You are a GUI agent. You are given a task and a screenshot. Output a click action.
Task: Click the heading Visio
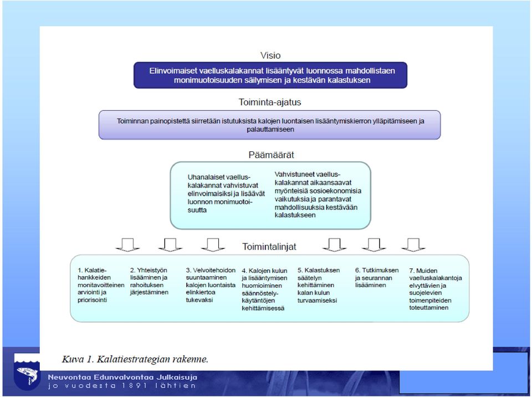[270, 55]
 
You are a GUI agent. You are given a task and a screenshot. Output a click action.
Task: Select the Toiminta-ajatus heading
[270, 102]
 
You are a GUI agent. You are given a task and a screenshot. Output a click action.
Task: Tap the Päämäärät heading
[271, 155]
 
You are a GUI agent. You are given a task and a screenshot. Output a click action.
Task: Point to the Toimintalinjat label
[269, 247]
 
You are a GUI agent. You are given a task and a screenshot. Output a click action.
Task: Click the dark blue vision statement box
[270, 75]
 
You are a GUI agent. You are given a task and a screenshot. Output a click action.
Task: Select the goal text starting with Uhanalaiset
[226, 194]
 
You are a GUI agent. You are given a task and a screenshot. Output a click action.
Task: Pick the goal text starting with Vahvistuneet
[318, 195]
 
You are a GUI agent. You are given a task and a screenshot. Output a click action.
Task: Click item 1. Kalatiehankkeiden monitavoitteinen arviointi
[101, 285]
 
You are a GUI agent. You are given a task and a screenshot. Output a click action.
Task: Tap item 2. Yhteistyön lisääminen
[149, 281]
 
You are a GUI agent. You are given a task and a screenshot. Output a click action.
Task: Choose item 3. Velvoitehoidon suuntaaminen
[211, 285]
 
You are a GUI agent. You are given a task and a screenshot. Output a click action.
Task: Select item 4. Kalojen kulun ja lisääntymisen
[264, 289]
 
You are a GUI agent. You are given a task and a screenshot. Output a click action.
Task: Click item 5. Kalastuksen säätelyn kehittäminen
[318, 285]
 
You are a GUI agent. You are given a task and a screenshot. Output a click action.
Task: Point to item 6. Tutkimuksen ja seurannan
[377, 277]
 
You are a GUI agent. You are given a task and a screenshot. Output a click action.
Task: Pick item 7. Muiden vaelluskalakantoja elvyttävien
[436, 289]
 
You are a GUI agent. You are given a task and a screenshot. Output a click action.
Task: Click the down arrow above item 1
[127, 245]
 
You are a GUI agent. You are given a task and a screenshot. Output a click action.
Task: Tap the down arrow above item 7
[413, 245]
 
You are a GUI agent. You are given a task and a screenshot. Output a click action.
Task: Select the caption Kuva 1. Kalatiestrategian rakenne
[135, 359]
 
